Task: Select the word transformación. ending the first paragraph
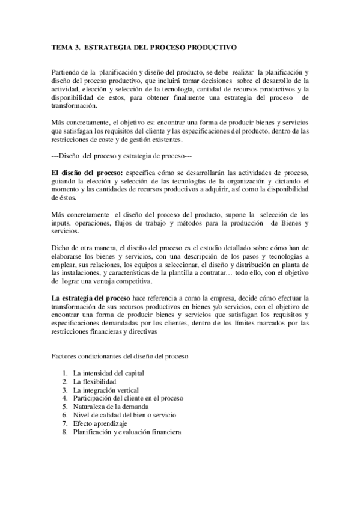73,106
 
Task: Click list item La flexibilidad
95,382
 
